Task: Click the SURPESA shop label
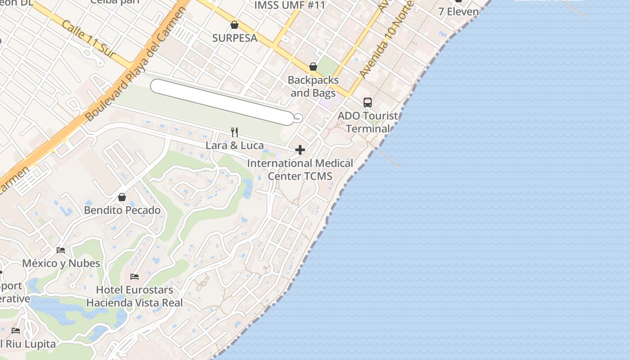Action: (x=234, y=38)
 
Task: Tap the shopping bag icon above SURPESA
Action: (x=234, y=24)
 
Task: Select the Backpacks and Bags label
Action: (x=313, y=86)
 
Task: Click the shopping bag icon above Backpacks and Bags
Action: (x=313, y=67)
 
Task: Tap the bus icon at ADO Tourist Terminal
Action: (x=368, y=103)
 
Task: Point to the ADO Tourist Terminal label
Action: (x=368, y=122)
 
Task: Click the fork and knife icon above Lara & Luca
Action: (x=234, y=132)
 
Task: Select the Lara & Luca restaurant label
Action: (x=234, y=145)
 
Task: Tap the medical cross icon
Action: (x=300, y=150)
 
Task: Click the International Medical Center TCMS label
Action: (x=300, y=170)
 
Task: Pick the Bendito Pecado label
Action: (x=122, y=210)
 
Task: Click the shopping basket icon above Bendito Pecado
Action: (x=121, y=197)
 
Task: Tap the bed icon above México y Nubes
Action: (x=61, y=250)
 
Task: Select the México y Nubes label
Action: (x=61, y=263)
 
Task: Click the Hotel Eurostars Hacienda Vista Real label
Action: (x=135, y=296)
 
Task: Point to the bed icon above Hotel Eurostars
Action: (x=135, y=276)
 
